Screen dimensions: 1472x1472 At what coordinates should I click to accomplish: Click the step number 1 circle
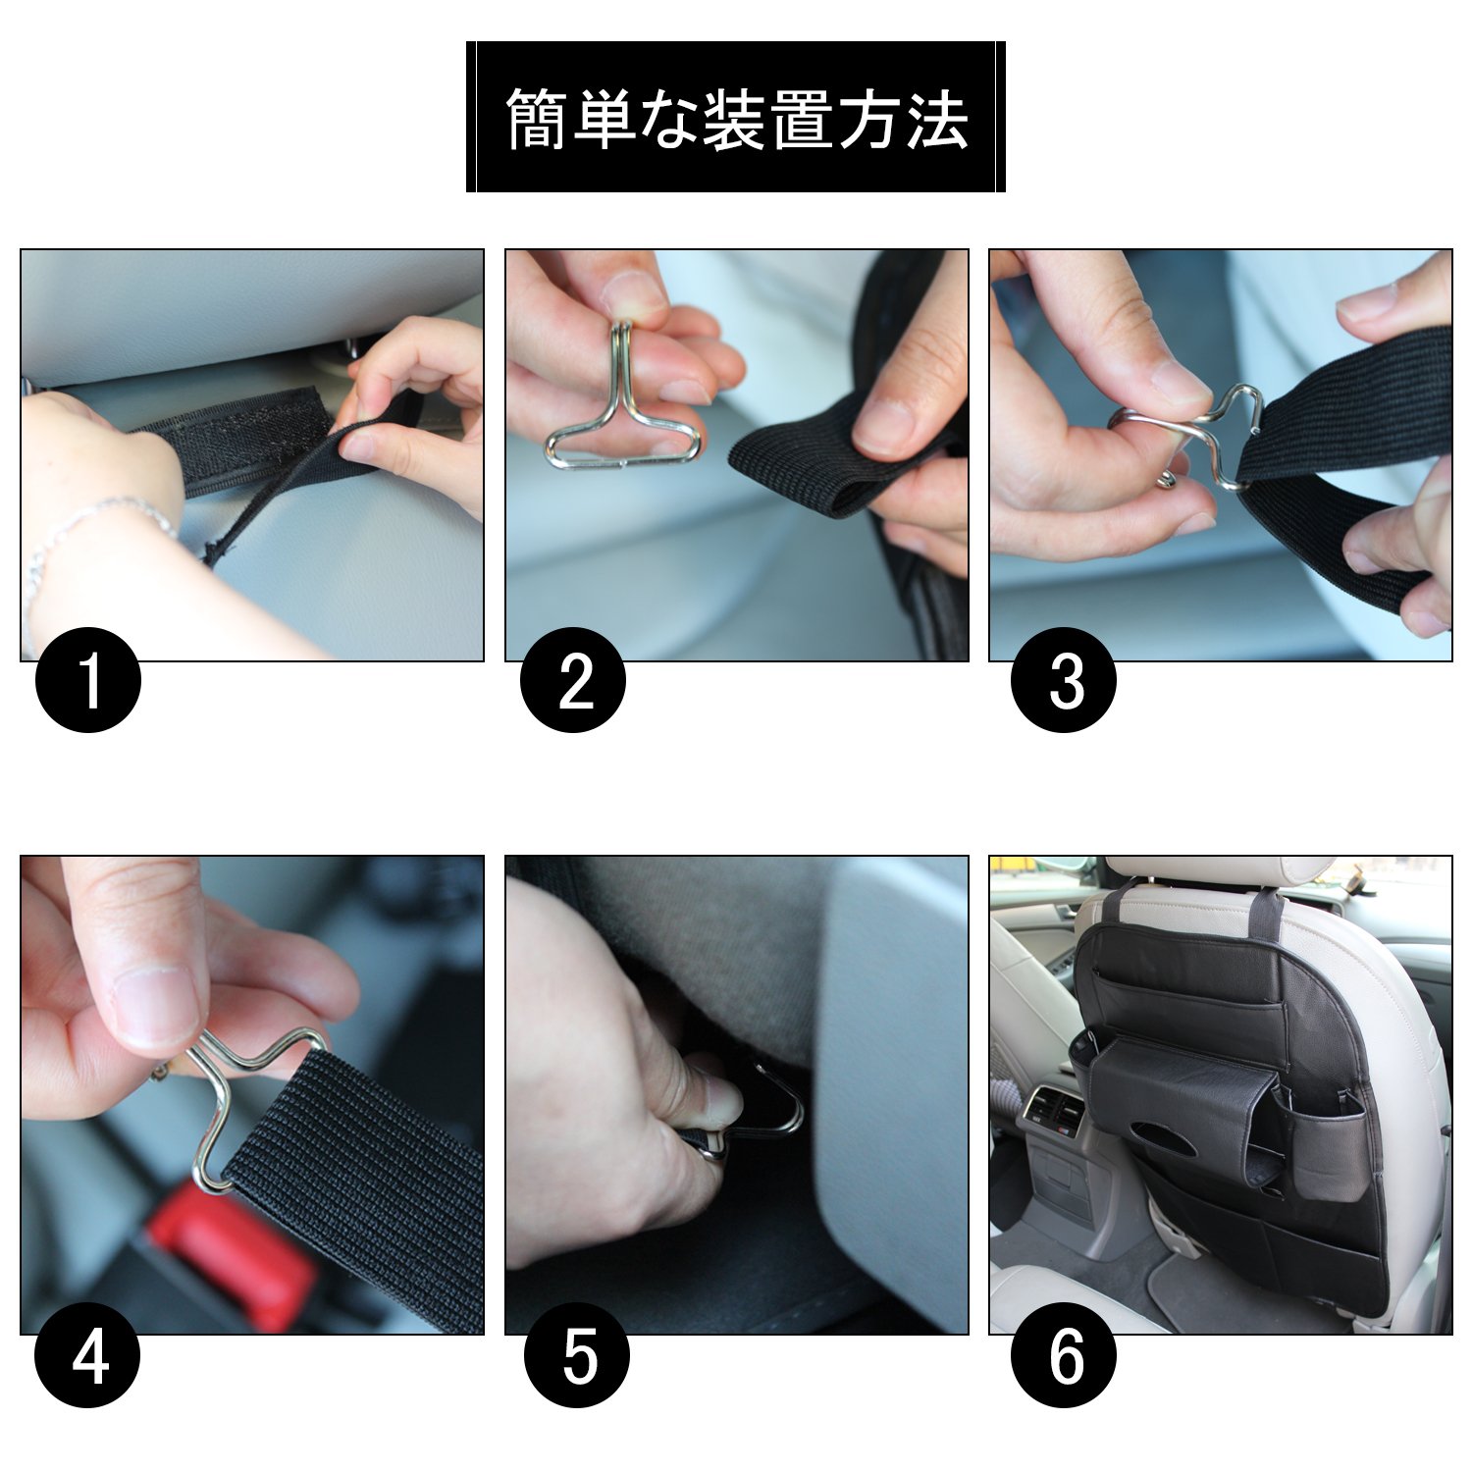[x=88, y=679]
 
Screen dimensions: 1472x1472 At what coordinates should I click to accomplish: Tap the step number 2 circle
[x=573, y=679]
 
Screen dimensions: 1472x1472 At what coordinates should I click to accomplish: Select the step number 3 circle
[x=1064, y=679]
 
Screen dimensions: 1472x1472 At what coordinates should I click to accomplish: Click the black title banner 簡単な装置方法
[x=736, y=117]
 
